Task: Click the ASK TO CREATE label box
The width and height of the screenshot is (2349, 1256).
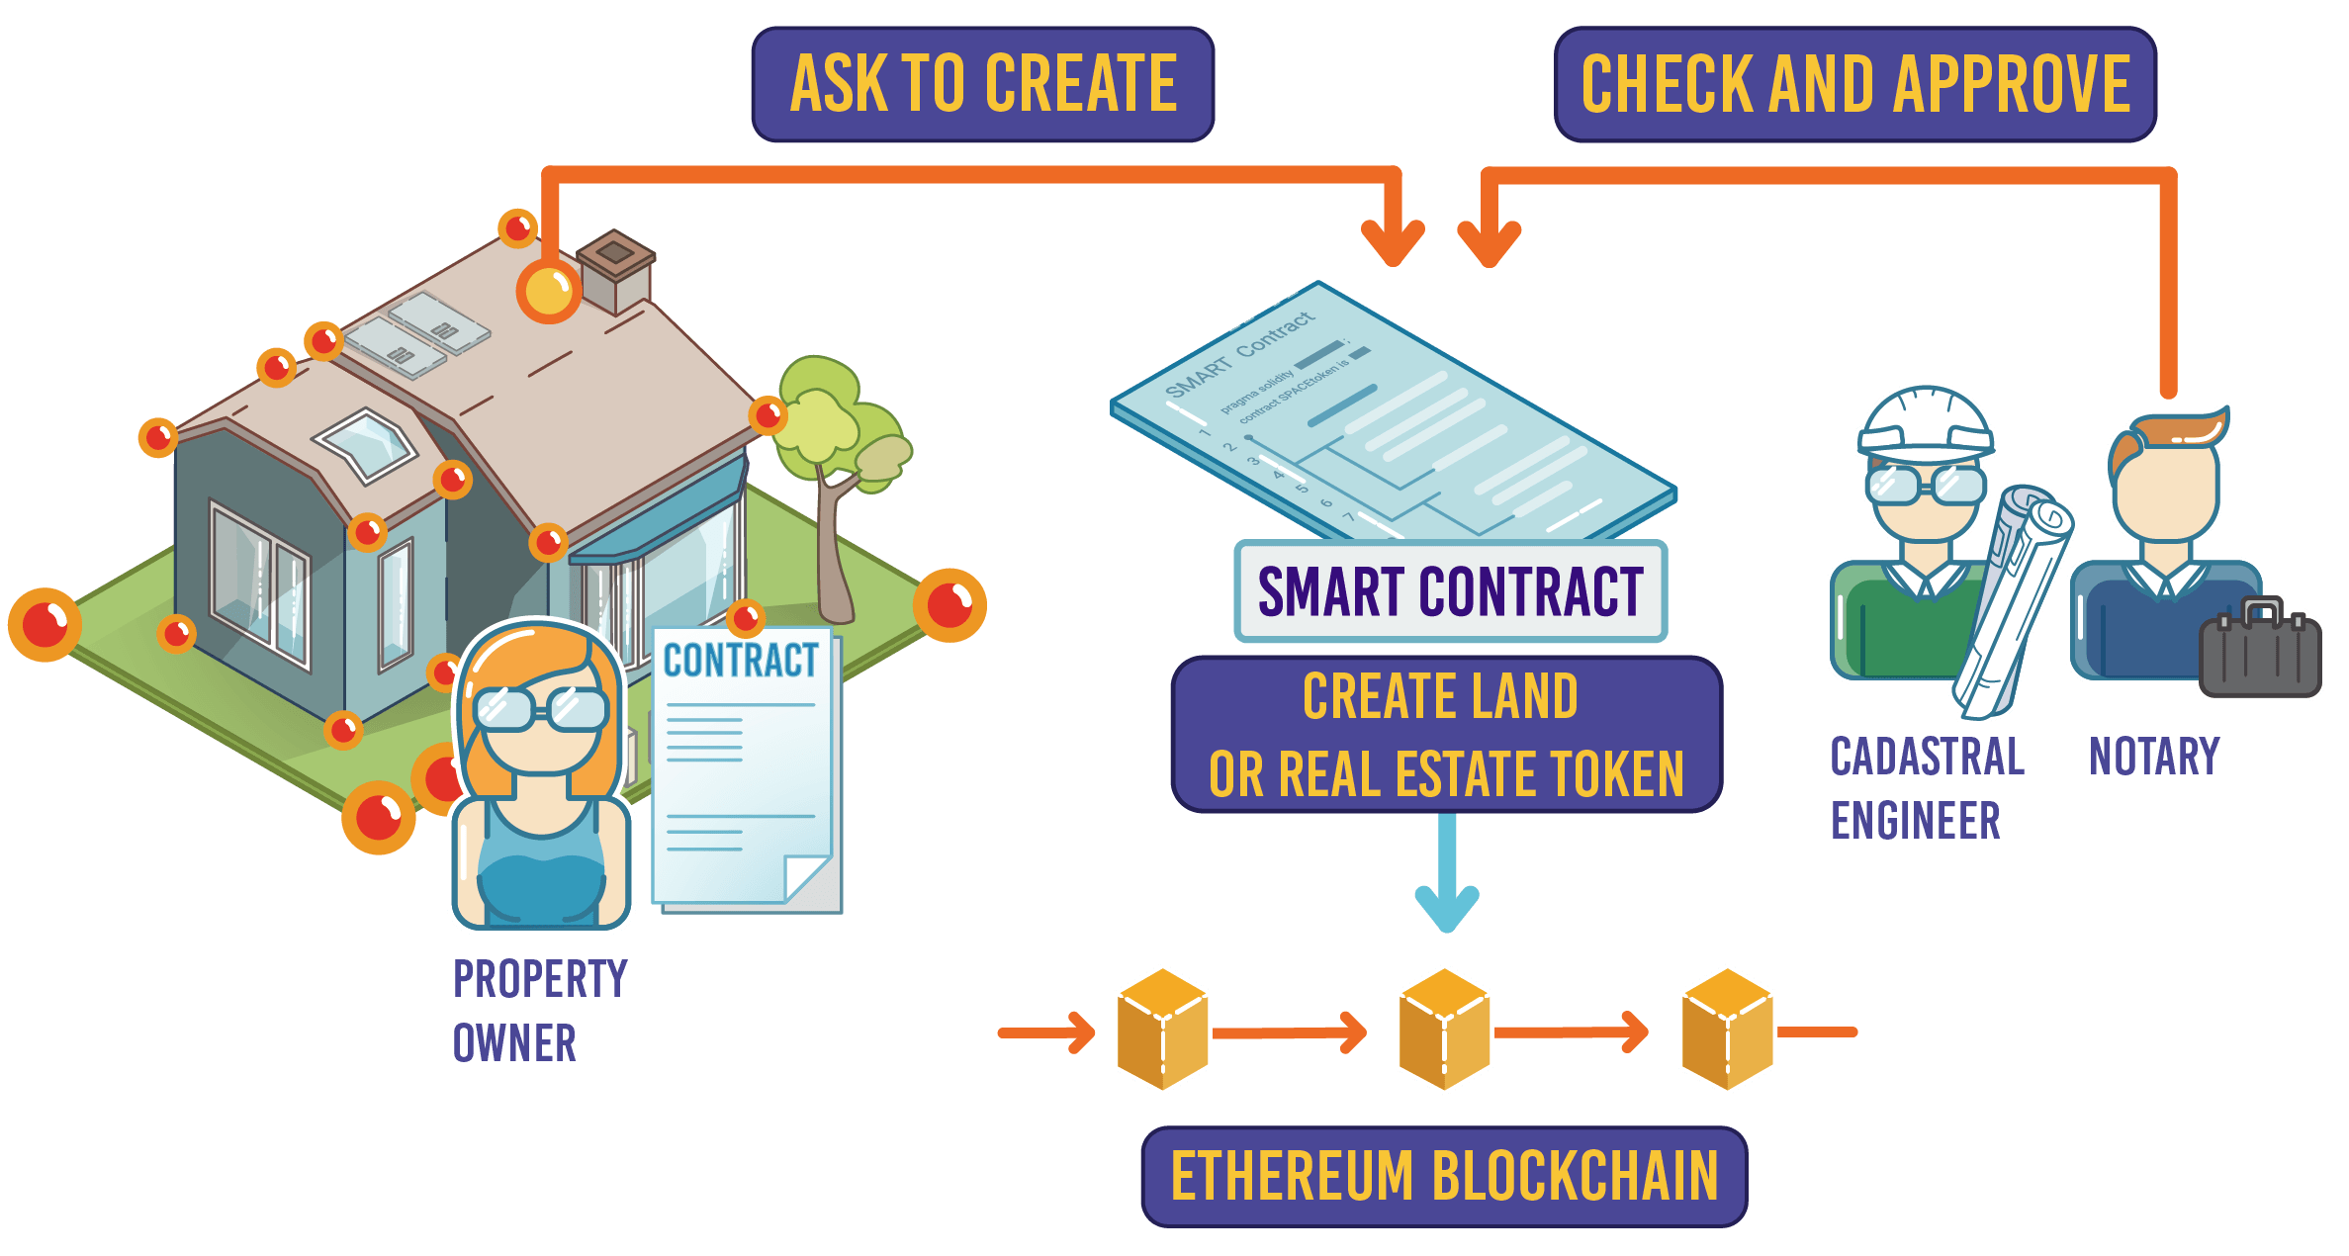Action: (982, 84)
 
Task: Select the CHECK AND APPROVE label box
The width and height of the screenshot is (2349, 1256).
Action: (1854, 84)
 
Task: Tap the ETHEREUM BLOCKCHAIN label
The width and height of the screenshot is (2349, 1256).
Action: (1444, 1176)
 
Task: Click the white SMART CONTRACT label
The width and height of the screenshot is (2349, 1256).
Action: (1450, 591)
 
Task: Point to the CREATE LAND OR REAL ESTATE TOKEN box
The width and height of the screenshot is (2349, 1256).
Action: (1446, 735)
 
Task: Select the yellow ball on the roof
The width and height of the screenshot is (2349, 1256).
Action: (547, 291)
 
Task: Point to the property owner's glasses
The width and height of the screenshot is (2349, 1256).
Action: (540, 708)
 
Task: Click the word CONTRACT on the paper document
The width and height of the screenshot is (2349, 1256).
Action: (741, 661)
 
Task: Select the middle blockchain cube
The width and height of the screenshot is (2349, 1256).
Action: (1444, 1031)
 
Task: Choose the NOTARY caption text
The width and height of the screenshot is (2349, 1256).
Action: (2154, 757)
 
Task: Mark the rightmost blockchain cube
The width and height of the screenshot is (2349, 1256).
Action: (1727, 1031)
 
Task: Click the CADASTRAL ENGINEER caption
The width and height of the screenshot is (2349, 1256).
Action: (1924, 788)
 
